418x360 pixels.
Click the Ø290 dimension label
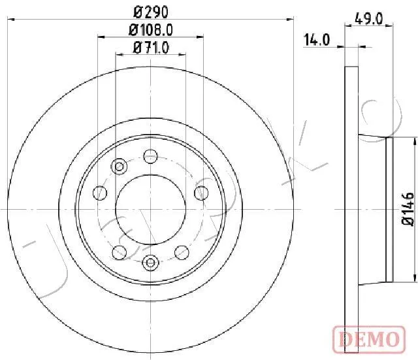point(151,12)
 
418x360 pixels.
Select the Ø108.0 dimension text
point(151,30)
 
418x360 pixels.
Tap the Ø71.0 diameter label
point(151,48)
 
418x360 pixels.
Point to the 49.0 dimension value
point(368,19)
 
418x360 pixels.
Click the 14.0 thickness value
point(317,40)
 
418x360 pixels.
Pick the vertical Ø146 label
point(408,209)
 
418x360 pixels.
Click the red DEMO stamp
point(369,338)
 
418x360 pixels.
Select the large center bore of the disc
point(151,210)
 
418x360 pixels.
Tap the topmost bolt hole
point(151,156)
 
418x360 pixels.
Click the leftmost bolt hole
point(100,193)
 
